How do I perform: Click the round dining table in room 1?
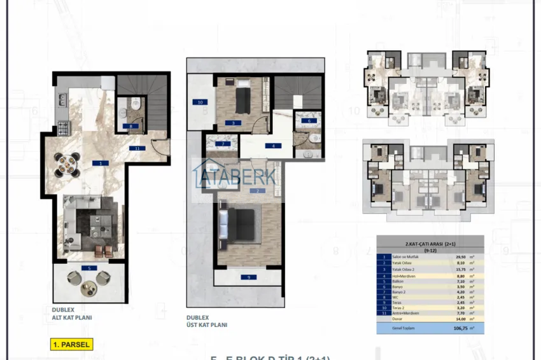[x=66, y=165]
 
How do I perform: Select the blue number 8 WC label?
[x=130, y=126]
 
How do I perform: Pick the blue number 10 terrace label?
[x=199, y=102]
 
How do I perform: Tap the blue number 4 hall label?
[x=274, y=146]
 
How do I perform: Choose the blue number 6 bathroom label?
[x=309, y=120]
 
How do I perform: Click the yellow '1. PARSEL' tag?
[x=71, y=345]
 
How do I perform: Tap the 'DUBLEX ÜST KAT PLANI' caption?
[x=206, y=321]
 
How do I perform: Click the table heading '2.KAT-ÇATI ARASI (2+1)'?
[x=430, y=243]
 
